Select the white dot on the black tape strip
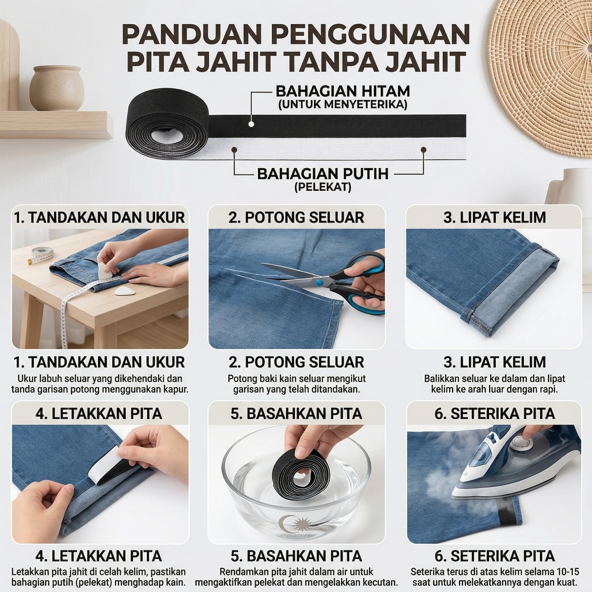[x=251, y=124]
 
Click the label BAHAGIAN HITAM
[x=343, y=91]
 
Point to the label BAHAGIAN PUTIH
[x=323, y=173]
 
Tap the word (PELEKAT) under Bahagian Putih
[x=323, y=187]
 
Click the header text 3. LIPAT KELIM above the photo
[x=495, y=218]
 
